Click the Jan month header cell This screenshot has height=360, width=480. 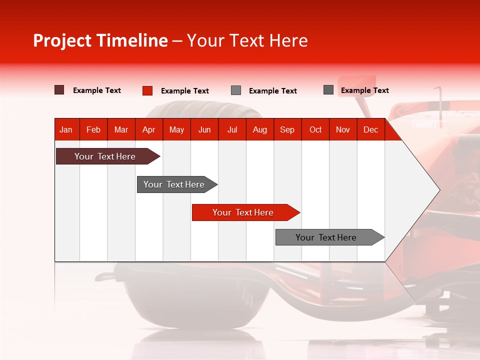[x=66, y=129]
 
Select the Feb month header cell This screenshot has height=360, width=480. [x=93, y=129]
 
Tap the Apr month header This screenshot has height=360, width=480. [x=149, y=129]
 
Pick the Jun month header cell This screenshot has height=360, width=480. [x=204, y=129]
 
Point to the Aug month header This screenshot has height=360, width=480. [x=260, y=129]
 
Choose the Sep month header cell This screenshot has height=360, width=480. [x=287, y=129]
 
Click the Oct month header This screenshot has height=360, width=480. [x=315, y=129]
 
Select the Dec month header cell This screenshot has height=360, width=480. [x=371, y=129]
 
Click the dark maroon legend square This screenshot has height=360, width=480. [x=59, y=90]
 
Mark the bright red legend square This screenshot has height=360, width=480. [x=147, y=90]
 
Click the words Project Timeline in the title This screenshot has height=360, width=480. [x=100, y=40]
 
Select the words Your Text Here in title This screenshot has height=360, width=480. [x=247, y=40]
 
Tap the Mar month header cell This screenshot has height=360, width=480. [x=121, y=129]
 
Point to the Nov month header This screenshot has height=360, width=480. [x=343, y=129]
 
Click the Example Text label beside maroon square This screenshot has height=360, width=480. [x=97, y=90]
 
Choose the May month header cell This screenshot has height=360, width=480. [x=176, y=129]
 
